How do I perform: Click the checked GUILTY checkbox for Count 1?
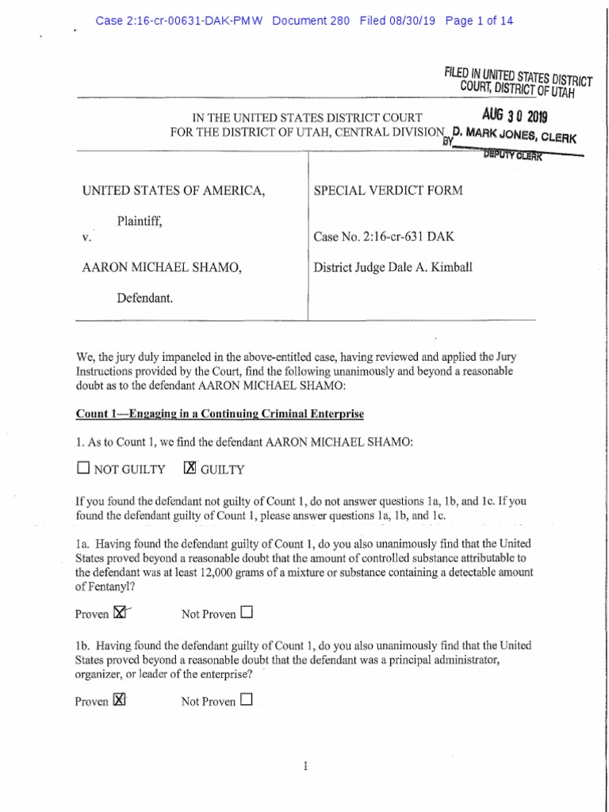point(189,469)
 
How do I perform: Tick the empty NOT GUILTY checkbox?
point(82,469)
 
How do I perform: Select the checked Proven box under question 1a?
point(120,612)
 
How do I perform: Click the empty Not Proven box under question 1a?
point(246,612)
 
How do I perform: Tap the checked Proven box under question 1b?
point(120,699)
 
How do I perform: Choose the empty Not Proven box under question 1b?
point(246,699)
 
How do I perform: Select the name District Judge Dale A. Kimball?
point(393,267)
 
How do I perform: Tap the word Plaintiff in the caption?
point(140,222)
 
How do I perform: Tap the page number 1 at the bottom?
point(305,765)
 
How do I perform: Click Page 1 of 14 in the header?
point(480,21)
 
